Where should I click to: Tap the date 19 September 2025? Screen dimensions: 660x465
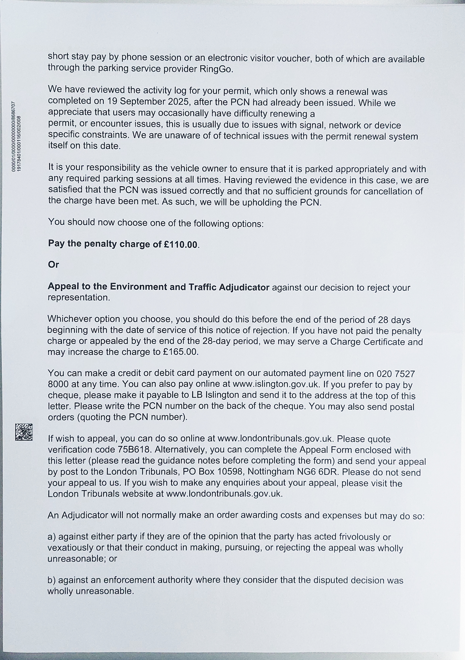(149, 102)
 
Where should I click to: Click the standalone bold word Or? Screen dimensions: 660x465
(53, 265)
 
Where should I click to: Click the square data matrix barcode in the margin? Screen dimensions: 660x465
(24, 432)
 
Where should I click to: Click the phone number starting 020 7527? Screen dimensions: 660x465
(395, 374)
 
